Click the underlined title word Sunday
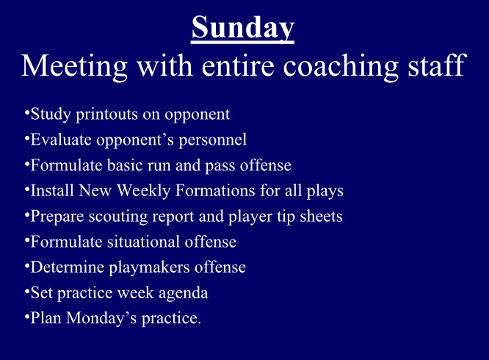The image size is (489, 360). point(243,28)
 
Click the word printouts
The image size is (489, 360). point(101,115)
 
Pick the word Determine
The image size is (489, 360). point(64,267)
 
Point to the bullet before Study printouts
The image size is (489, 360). point(26,112)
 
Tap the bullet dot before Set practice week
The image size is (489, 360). point(26,291)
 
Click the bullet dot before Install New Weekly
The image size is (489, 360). point(26,189)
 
